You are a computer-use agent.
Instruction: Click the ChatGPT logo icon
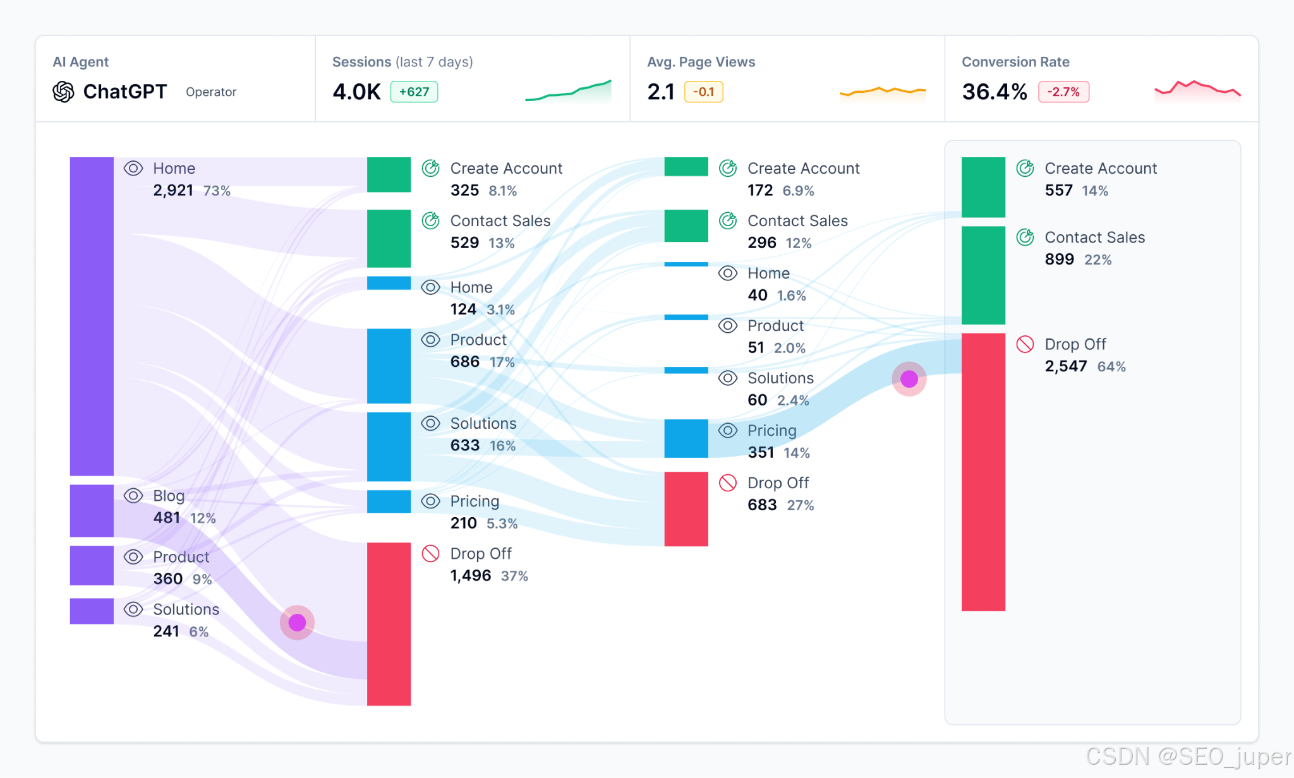pyautogui.click(x=63, y=92)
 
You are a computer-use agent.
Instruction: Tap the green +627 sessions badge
pyautogui.click(x=414, y=92)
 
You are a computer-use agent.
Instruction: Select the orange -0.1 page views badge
pyautogui.click(x=703, y=92)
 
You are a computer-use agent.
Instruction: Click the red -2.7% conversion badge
pyautogui.click(x=1063, y=92)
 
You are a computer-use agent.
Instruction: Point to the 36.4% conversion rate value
pyautogui.click(x=994, y=92)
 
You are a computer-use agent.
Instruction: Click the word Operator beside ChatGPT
pyautogui.click(x=211, y=92)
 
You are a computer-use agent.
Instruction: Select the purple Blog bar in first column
pyautogui.click(x=92, y=510)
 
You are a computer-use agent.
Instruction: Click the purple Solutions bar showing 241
pyautogui.click(x=92, y=611)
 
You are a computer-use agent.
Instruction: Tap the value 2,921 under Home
pyautogui.click(x=172, y=190)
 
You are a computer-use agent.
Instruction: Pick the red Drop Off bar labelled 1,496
pyautogui.click(x=389, y=623)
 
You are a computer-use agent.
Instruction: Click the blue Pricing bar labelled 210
pyautogui.click(x=389, y=501)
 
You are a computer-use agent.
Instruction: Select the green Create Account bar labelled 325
pyautogui.click(x=389, y=174)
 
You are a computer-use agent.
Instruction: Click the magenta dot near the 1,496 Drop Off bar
pyautogui.click(x=297, y=623)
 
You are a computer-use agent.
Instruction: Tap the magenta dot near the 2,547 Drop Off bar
pyautogui.click(x=909, y=379)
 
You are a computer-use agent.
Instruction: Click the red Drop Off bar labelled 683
pyautogui.click(x=686, y=508)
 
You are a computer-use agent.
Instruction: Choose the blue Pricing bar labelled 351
pyautogui.click(x=686, y=438)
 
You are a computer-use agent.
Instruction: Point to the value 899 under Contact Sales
pyautogui.click(x=1059, y=259)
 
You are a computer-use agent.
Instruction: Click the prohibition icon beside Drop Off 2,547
pyautogui.click(x=1025, y=344)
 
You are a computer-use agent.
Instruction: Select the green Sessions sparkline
pyautogui.click(x=568, y=91)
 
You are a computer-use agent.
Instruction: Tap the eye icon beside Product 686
pyautogui.click(x=430, y=340)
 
